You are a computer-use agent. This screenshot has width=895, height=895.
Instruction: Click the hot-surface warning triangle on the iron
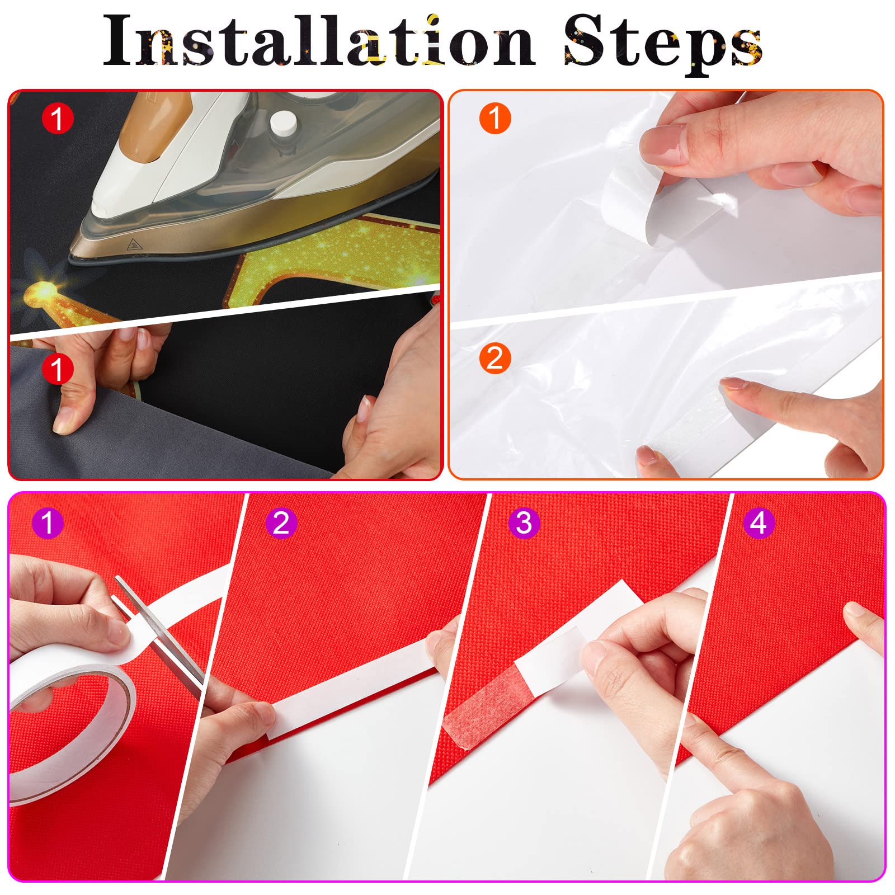pyautogui.click(x=134, y=244)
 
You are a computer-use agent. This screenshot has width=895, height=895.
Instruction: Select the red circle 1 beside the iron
pyautogui.click(x=58, y=119)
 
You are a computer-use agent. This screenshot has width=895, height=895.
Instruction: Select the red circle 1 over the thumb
pyautogui.click(x=58, y=369)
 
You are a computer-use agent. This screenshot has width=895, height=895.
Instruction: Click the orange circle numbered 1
pyautogui.click(x=495, y=119)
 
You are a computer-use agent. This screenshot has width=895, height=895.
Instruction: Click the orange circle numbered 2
pyautogui.click(x=495, y=358)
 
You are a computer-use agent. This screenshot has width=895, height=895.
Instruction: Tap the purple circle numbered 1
pyautogui.click(x=48, y=523)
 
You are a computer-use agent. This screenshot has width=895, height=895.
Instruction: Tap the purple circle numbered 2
pyautogui.click(x=281, y=523)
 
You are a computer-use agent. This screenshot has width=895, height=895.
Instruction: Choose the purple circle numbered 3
pyautogui.click(x=524, y=523)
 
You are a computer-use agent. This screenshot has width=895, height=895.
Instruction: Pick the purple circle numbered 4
pyautogui.click(x=759, y=523)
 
